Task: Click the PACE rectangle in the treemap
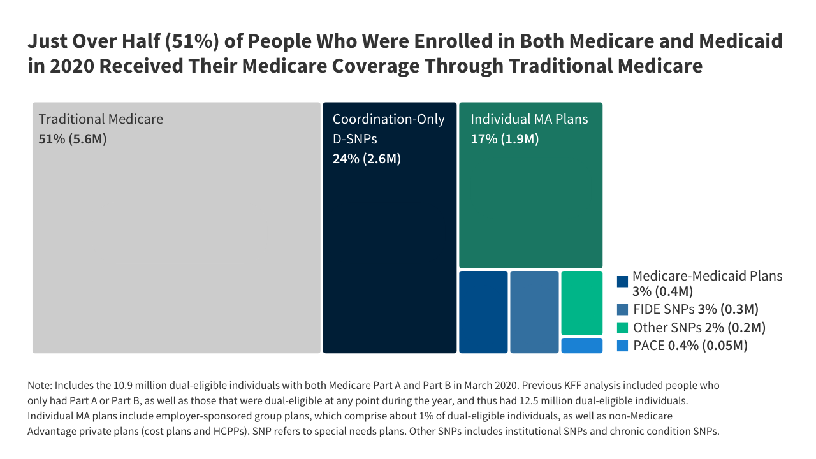[x=581, y=346]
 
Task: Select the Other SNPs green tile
[x=581, y=303]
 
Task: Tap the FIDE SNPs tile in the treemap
[x=534, y=312]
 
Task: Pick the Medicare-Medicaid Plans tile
[x=483, y=312]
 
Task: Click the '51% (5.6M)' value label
[x=73, y=138]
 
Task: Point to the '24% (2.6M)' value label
[x=367, y=159]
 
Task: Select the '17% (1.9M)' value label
[x=504, y=138]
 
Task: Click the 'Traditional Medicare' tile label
[x=101, y=119]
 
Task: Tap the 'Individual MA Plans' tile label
[x=529, y=119]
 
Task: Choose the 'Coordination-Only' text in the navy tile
[x=388, y=119]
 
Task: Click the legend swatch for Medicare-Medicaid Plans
[x=623, y=281]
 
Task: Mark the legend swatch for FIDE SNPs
[x=623, y=310]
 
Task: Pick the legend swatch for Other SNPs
[x=623, y=328]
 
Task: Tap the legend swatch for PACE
[x=623, y=346]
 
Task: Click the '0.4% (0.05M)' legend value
[x=707, y=346]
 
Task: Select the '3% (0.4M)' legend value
[x=662, y=291]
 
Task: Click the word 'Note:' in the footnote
[x=40, y=386]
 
